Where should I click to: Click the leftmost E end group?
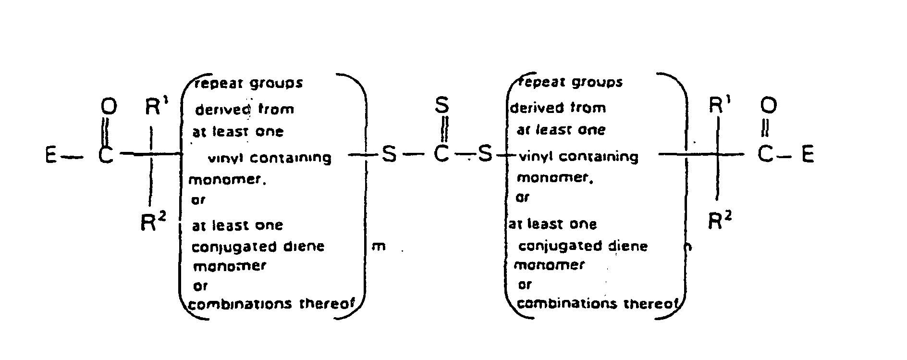click(x=51, y=156)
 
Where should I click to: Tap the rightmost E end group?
click(x=808, y=155)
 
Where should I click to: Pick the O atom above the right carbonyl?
click(x=768, y=105)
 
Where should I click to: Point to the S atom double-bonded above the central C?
click(x=442, y=105)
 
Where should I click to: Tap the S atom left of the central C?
click(x=389, y=155)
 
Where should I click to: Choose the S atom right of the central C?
click(x=486, y=155)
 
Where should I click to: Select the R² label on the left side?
click(x=153, y=222)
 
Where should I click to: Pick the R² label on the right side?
click(x=720, y=221)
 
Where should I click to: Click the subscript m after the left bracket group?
click(x=379, y=248)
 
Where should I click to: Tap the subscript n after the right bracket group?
click(x=688, y=247)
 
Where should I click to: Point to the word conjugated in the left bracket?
click(x=234, y=247)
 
